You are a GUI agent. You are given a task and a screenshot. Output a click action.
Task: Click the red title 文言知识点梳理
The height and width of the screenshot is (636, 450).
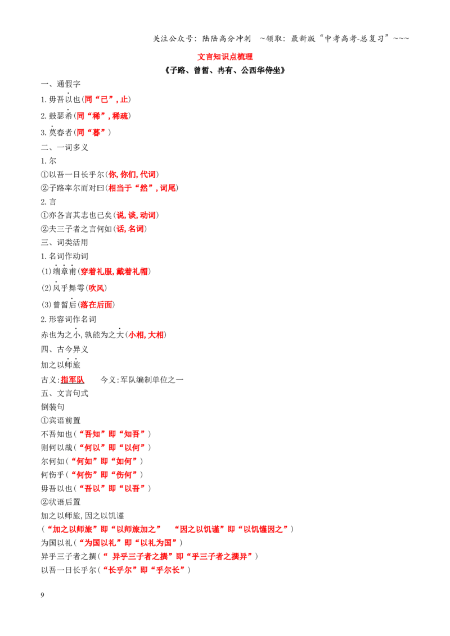(x=225, y=57)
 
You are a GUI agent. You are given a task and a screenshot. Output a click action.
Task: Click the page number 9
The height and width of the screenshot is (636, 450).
(x=42, y=595)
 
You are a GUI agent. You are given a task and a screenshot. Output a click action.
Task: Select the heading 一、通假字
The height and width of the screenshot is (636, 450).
(x=61, y=84)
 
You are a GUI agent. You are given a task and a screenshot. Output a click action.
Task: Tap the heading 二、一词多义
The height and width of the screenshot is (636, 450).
(x=65, y=147)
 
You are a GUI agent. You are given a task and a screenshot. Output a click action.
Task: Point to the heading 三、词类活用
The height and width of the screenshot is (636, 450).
(x=65, y=243)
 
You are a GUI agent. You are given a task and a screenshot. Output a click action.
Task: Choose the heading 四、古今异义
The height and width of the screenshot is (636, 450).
(x=65, y=349)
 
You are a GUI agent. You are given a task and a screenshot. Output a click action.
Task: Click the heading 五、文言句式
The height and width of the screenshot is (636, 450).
(x=65, y=393)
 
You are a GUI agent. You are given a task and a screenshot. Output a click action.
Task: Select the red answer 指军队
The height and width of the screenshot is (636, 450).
(x=73, y=380)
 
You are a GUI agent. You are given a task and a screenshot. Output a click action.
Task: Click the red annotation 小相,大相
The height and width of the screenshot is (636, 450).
(x=146, y=335)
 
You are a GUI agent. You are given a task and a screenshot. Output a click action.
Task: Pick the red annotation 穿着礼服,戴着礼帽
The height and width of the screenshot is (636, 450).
(x=114, y=271)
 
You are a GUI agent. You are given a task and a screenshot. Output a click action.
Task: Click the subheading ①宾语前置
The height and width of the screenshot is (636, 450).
(x=61, y=420)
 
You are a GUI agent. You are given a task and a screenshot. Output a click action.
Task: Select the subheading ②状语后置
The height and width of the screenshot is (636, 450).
(x=61, y=502)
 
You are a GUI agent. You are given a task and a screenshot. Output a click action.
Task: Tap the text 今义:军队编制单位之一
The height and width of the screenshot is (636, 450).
(x=142, y=380)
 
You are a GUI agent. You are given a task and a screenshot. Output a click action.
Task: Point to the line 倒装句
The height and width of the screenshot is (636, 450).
(x=52, y=407)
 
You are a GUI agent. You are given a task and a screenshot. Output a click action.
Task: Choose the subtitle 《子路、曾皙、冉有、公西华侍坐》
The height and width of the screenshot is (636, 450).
(x=225, y=71)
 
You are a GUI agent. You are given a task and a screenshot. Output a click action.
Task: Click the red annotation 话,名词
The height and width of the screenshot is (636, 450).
(x=130, y=229)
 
